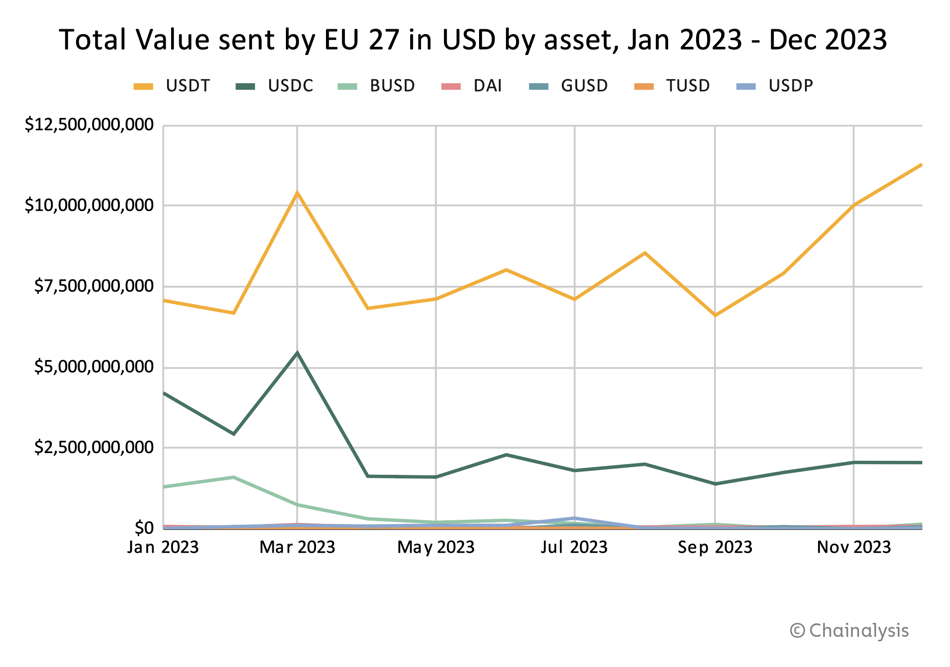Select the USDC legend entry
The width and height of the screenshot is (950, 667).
275,86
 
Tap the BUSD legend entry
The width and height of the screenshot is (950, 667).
377,86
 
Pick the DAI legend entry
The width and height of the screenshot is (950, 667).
473,86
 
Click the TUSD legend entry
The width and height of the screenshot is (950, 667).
672,86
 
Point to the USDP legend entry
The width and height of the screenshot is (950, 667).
775,86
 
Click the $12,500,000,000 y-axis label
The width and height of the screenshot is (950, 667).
89,125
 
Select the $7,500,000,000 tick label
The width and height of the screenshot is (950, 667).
94,286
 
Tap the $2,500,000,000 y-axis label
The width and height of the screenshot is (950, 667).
94,447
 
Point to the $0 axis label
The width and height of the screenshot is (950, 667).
144,527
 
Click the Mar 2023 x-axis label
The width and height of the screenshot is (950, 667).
297,547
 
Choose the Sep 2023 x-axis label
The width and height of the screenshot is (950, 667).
715,547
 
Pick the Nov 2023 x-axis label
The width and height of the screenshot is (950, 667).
854,547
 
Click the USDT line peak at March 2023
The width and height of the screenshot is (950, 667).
297,193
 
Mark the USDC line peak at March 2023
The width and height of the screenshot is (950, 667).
297,352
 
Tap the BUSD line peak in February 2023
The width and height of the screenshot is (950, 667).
233,477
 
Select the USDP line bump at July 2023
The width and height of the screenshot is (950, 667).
575,518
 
